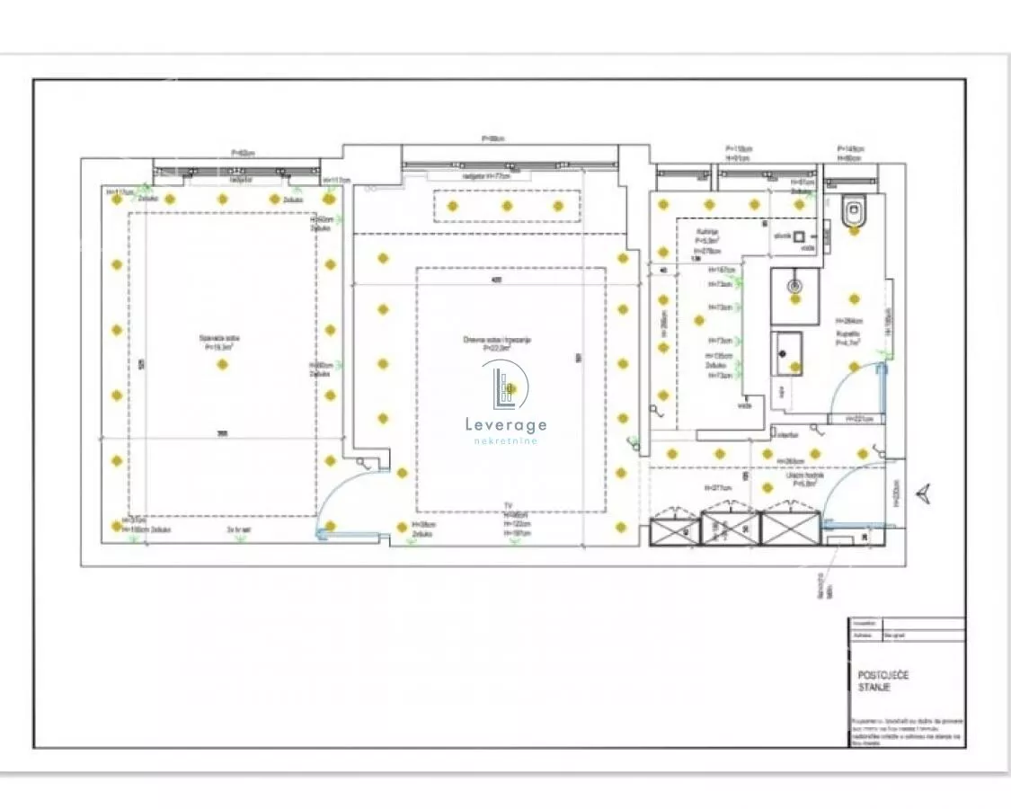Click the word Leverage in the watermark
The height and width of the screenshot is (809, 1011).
click(505, 424)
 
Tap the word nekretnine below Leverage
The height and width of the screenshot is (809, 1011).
click(505, 440)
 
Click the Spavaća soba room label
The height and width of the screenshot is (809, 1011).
click(220, 342)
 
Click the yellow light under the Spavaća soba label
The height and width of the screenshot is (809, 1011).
click(223, 364)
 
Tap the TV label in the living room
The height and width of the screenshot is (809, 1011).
click(509, 506)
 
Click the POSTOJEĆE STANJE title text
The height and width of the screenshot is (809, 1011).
click(882, 680)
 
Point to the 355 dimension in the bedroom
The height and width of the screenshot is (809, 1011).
click(221, 435)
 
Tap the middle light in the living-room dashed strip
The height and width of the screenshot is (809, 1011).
click(507, 206)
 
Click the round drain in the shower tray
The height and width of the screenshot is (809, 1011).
click(794, 286)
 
